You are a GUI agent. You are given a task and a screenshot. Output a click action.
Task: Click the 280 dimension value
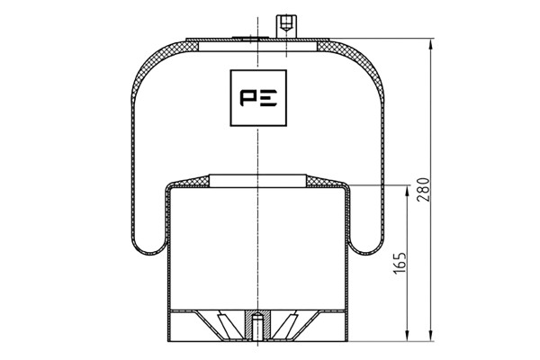423,190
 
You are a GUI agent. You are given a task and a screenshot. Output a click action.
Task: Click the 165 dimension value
400,263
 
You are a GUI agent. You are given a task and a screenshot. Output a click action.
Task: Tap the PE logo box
258,98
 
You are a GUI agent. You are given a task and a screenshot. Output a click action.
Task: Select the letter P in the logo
247,98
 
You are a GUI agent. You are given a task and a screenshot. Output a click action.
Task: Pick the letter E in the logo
268,98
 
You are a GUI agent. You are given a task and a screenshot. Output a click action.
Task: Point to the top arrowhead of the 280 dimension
430,44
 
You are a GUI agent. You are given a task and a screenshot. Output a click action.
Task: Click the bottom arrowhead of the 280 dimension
430,336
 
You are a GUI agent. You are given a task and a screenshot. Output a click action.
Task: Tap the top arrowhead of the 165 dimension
408,191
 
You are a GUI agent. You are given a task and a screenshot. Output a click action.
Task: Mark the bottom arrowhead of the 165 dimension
408,336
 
